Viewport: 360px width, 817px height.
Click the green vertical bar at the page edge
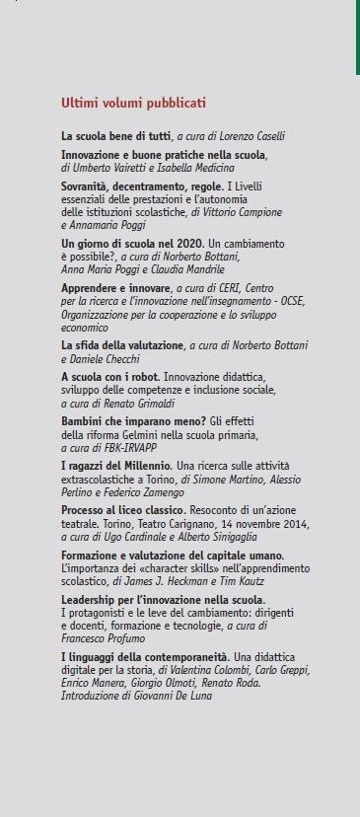(357, 37)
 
